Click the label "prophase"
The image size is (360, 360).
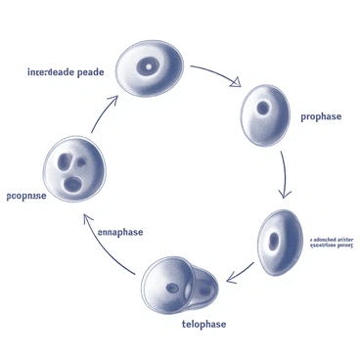322,117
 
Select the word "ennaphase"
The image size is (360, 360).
120,232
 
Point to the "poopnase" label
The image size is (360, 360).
26,196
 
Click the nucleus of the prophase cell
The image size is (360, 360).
263,108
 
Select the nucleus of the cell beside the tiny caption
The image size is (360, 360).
275,239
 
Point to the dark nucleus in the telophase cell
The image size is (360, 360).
172,288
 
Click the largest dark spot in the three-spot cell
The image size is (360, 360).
73,183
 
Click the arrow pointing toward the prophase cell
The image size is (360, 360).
215,76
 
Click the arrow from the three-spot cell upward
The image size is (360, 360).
103,113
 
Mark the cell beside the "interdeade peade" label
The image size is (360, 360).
150,68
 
